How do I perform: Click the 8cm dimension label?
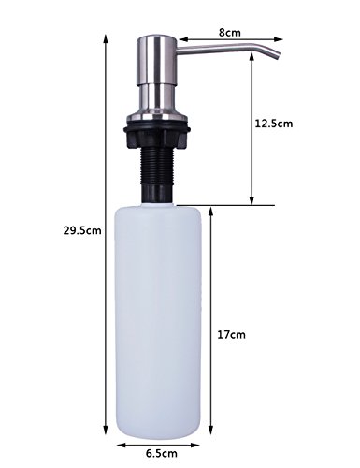pos(229,32)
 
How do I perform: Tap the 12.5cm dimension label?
pos(274,124)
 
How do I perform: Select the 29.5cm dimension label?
pos(82,230)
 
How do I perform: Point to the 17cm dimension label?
pos(231,335)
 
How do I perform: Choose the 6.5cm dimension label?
pos(162,453)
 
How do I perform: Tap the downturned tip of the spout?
pos(276,56)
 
